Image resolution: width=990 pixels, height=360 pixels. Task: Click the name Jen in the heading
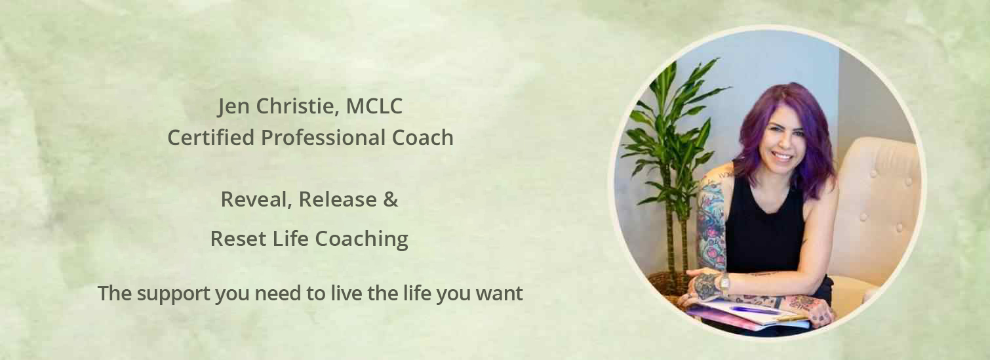[233, 107]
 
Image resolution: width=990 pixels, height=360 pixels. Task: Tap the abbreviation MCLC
[374, 106]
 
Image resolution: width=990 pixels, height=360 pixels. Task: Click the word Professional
[323, 137]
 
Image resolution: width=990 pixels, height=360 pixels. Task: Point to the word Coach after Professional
[422, 137]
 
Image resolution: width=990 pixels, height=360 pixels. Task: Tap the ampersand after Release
[390, 199]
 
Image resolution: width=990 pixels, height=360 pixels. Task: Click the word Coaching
[361, 239]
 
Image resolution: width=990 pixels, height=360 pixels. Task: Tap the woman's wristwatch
[724, 284]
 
